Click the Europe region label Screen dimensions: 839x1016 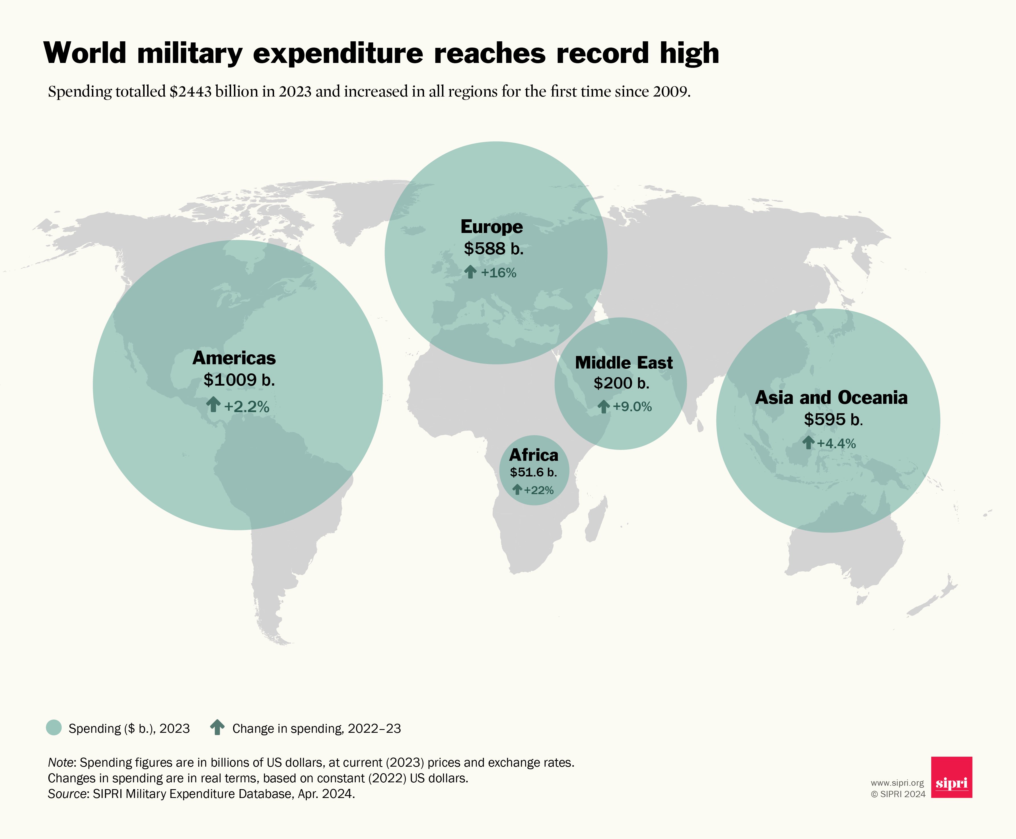point(491,227)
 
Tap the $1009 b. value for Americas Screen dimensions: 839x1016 point(239,380)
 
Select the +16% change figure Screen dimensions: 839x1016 point(498,273)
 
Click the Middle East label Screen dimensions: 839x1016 point(624,363)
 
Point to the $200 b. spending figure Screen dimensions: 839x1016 point(621,383)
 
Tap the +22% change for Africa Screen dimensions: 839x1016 point(538,490)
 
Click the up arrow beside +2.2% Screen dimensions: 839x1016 point(213,404)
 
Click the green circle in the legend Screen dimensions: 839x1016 point(54,728)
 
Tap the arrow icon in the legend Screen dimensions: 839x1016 point(217,727)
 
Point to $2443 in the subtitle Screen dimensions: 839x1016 point(190,91)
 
